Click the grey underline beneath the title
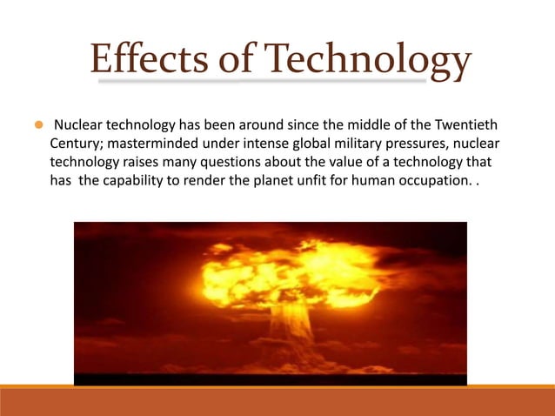click(x=261, y=83)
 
